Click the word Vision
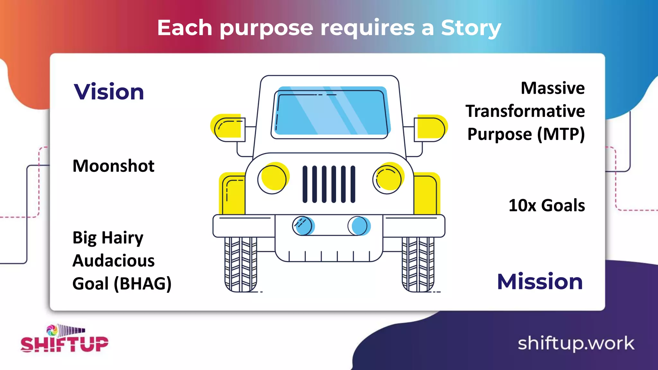click(x=109, y=92)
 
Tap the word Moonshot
click(x=113, y=166)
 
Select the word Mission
click(x=540, y=282)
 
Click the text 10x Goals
click(x=547, y=206)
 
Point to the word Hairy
click(x=122, y=238)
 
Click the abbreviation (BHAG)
click(x=143, y=284)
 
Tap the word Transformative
click(x=525, y=111)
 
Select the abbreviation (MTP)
click(x=561, y=134)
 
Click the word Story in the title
click(x=471, y=28)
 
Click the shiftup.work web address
click(x=576, y=343)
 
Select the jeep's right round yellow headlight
click(x=388, y=178)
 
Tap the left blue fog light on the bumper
click(x=303, y=226)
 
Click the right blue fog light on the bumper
click(x=359, y=226)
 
